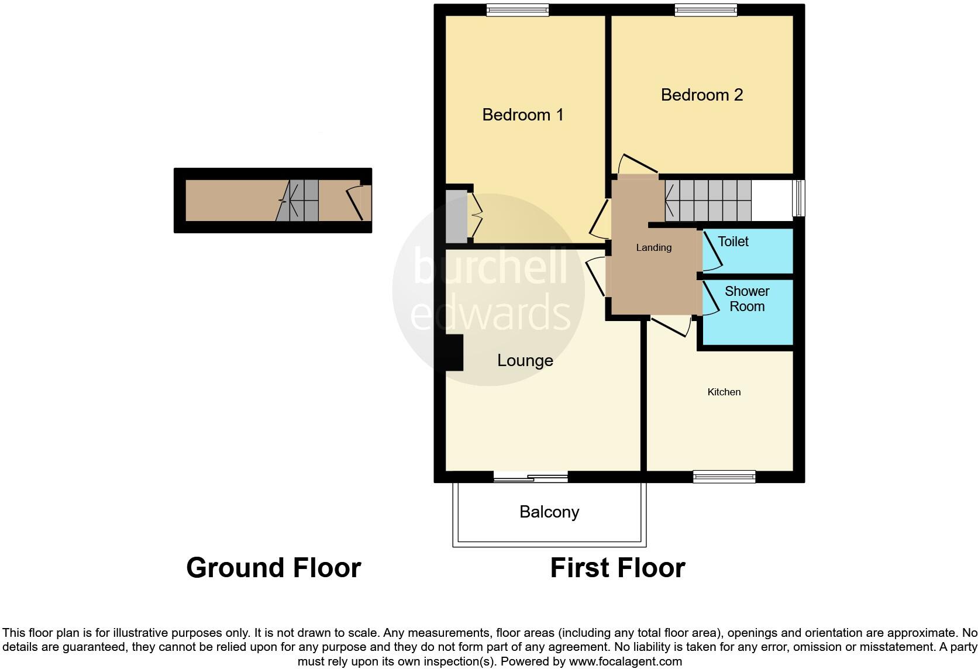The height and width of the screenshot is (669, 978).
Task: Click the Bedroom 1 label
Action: (522, 115)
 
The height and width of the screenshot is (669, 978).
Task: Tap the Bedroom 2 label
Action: (701, 95)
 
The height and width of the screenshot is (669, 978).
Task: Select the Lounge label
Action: (525, 360)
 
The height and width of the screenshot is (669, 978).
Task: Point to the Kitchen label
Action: (724, 392)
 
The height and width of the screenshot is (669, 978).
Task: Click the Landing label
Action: (653, 247)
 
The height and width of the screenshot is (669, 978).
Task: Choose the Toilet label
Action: (733, 242)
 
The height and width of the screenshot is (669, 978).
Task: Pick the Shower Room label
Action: (747, 299)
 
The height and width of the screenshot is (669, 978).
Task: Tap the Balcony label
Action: (549, 512)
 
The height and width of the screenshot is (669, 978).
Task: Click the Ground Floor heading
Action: (273, 568)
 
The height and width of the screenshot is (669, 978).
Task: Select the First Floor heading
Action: (617, 568)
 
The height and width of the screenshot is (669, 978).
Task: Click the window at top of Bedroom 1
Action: (517, 10)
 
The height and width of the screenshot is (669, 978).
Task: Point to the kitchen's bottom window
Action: (724, 477)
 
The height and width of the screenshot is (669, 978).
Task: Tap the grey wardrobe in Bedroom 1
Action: (456, 216)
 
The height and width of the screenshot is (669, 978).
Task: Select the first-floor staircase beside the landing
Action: (708, 200)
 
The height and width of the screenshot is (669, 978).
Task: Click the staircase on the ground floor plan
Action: (298, 200)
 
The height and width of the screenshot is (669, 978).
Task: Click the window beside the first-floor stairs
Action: (799, 198)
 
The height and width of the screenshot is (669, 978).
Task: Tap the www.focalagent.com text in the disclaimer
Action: (625, 662)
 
